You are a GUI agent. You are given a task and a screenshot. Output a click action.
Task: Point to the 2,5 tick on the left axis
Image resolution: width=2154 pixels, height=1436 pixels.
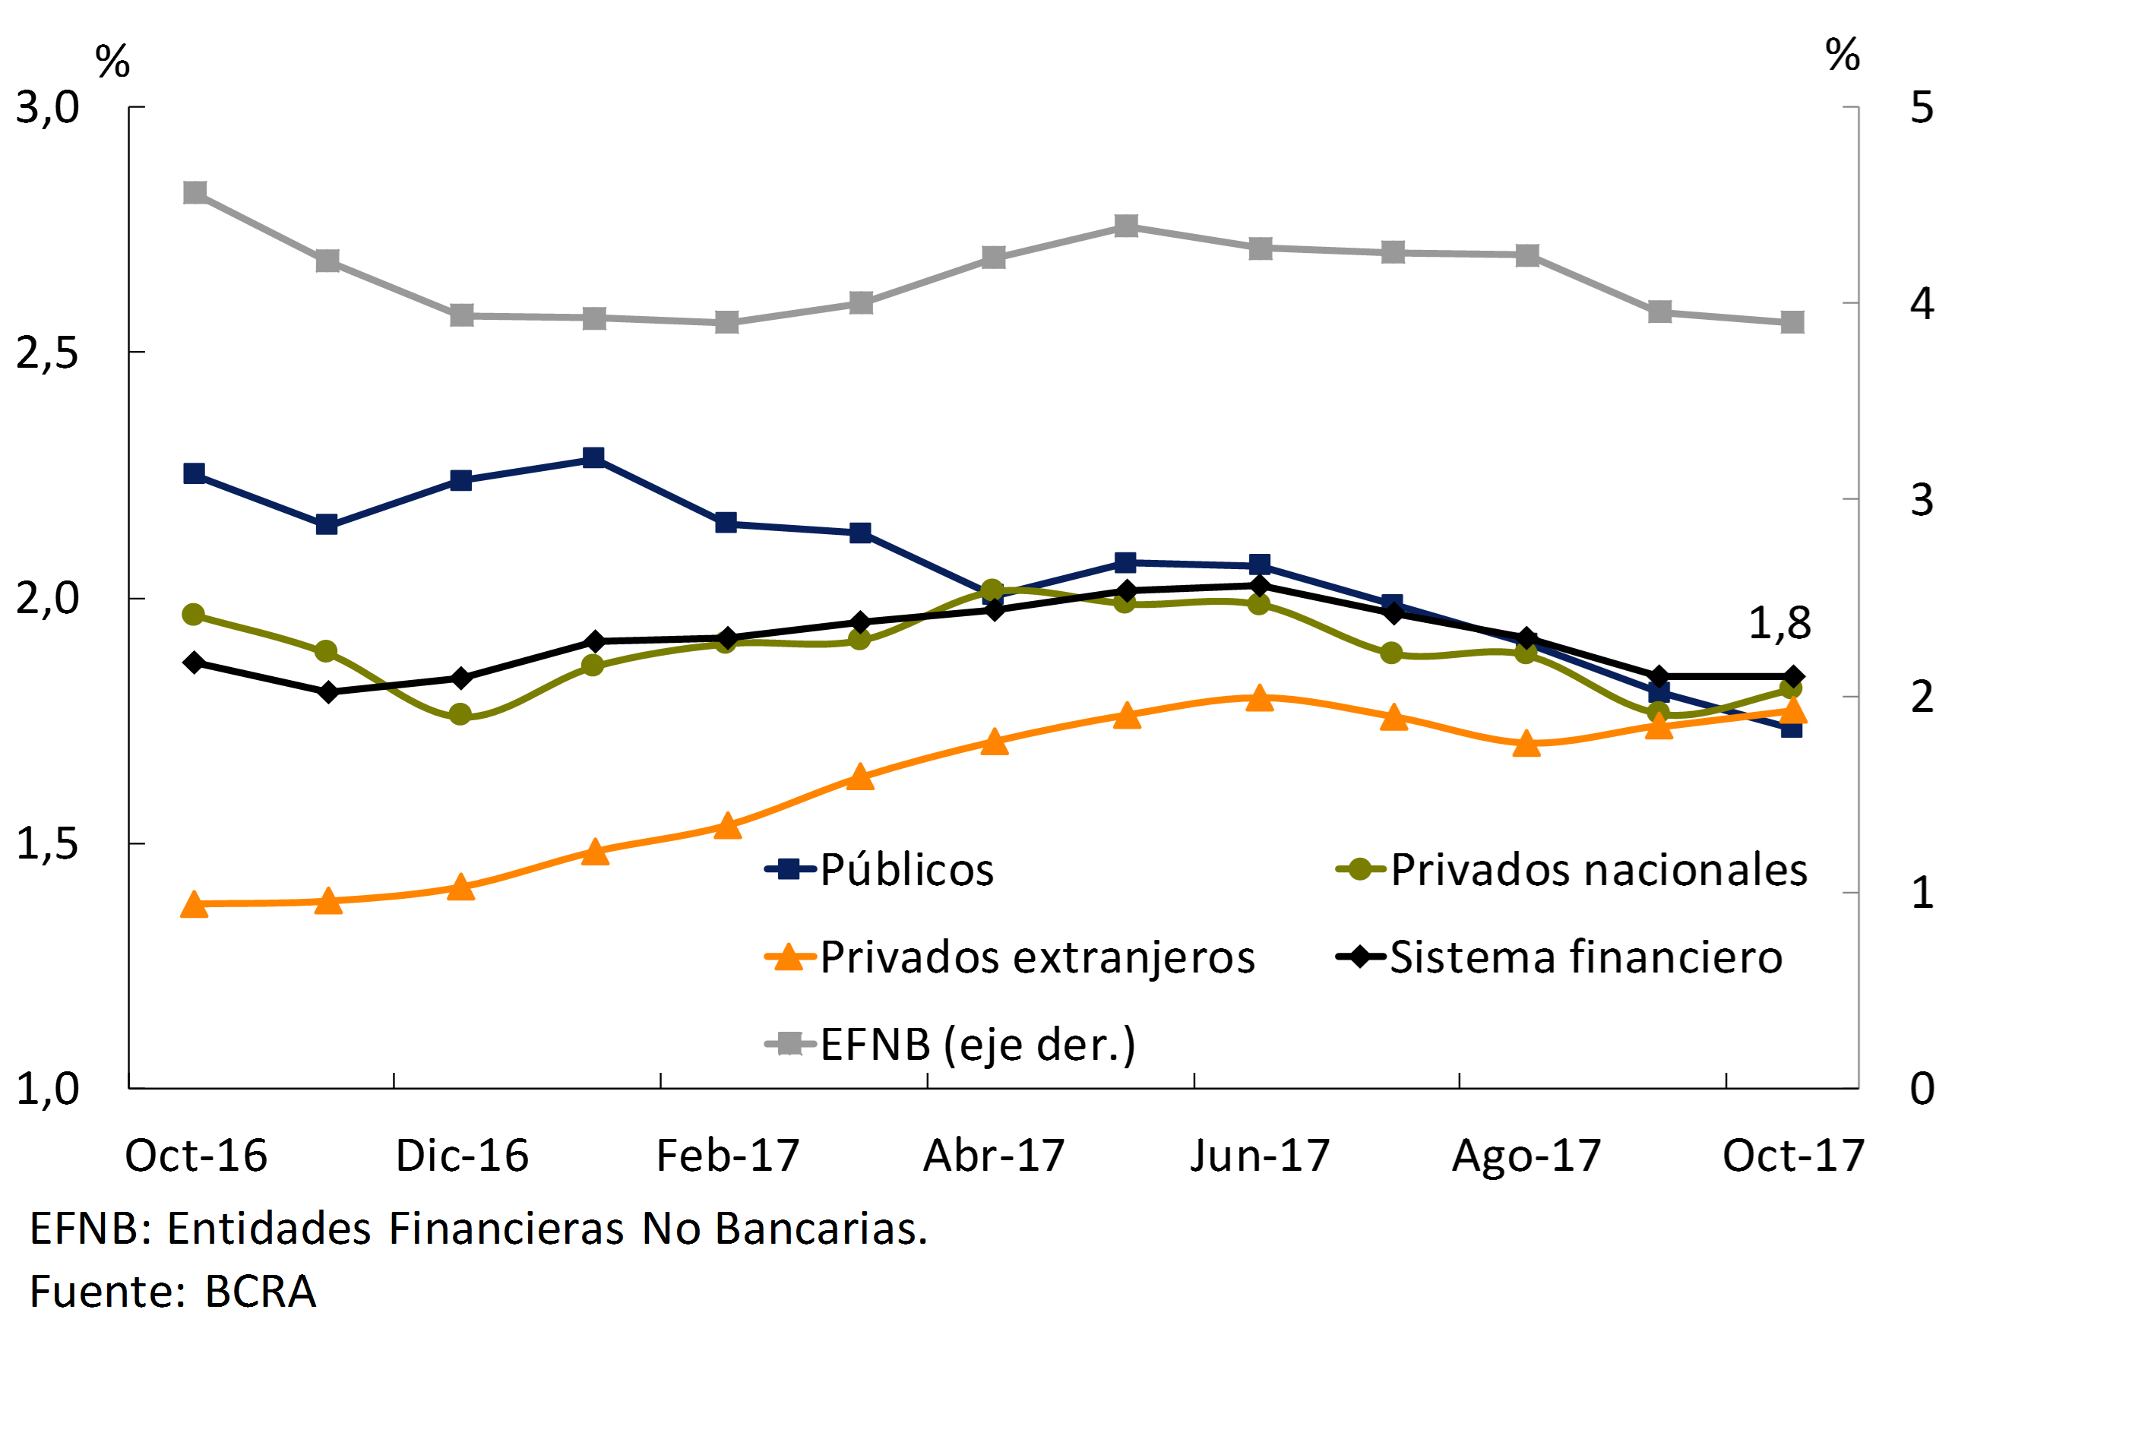[x=48, y=353]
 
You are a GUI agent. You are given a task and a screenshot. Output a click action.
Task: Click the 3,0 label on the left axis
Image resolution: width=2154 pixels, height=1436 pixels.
[x=48, y=107]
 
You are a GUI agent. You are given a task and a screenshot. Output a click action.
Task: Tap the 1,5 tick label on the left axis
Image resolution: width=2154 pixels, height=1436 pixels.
[x=48, y=843]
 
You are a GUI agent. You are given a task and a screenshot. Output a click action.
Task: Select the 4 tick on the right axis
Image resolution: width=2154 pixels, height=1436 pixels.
[x=1922, y=303]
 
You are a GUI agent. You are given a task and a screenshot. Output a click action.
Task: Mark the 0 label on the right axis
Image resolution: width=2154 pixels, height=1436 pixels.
[x=1922, y=1089]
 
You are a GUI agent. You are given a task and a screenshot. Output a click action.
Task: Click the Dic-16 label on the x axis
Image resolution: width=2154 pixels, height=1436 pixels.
[x=463, y=1156]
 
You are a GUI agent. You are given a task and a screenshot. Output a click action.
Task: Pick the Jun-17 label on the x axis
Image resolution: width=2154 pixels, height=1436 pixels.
[x=1260, y=1156]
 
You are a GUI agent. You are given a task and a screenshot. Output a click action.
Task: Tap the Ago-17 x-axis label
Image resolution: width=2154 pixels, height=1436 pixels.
[x=1526, y=1156]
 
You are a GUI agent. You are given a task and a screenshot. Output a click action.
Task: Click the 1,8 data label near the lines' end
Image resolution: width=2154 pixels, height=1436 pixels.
[x=1779, y=624]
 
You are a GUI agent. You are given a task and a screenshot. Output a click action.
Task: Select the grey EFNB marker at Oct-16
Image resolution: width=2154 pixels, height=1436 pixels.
[x=195, y=192]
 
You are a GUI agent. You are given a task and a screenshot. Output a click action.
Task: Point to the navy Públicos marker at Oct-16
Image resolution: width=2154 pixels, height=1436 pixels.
[x=195, y=473]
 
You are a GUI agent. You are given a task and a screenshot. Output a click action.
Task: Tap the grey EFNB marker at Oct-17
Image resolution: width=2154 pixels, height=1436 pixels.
[x=1792, y=322]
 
